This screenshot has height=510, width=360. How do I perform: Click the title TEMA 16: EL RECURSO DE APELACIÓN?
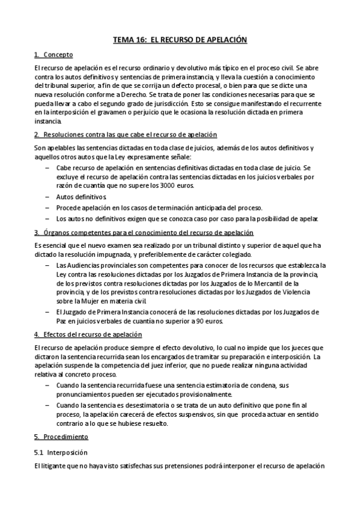point(180,40)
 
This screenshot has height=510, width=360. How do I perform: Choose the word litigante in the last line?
point(56,467)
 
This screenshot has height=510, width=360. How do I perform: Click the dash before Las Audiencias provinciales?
point(47,265)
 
